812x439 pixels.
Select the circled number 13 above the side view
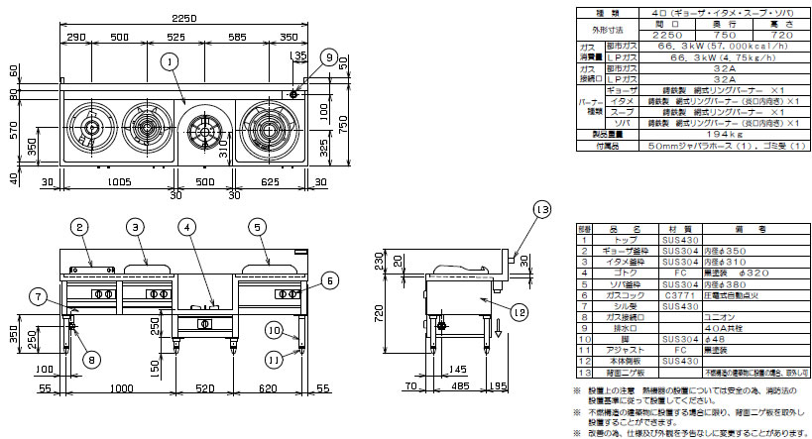point(540,210)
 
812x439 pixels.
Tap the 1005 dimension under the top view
point(120,181)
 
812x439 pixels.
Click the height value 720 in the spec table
point(772,32)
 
